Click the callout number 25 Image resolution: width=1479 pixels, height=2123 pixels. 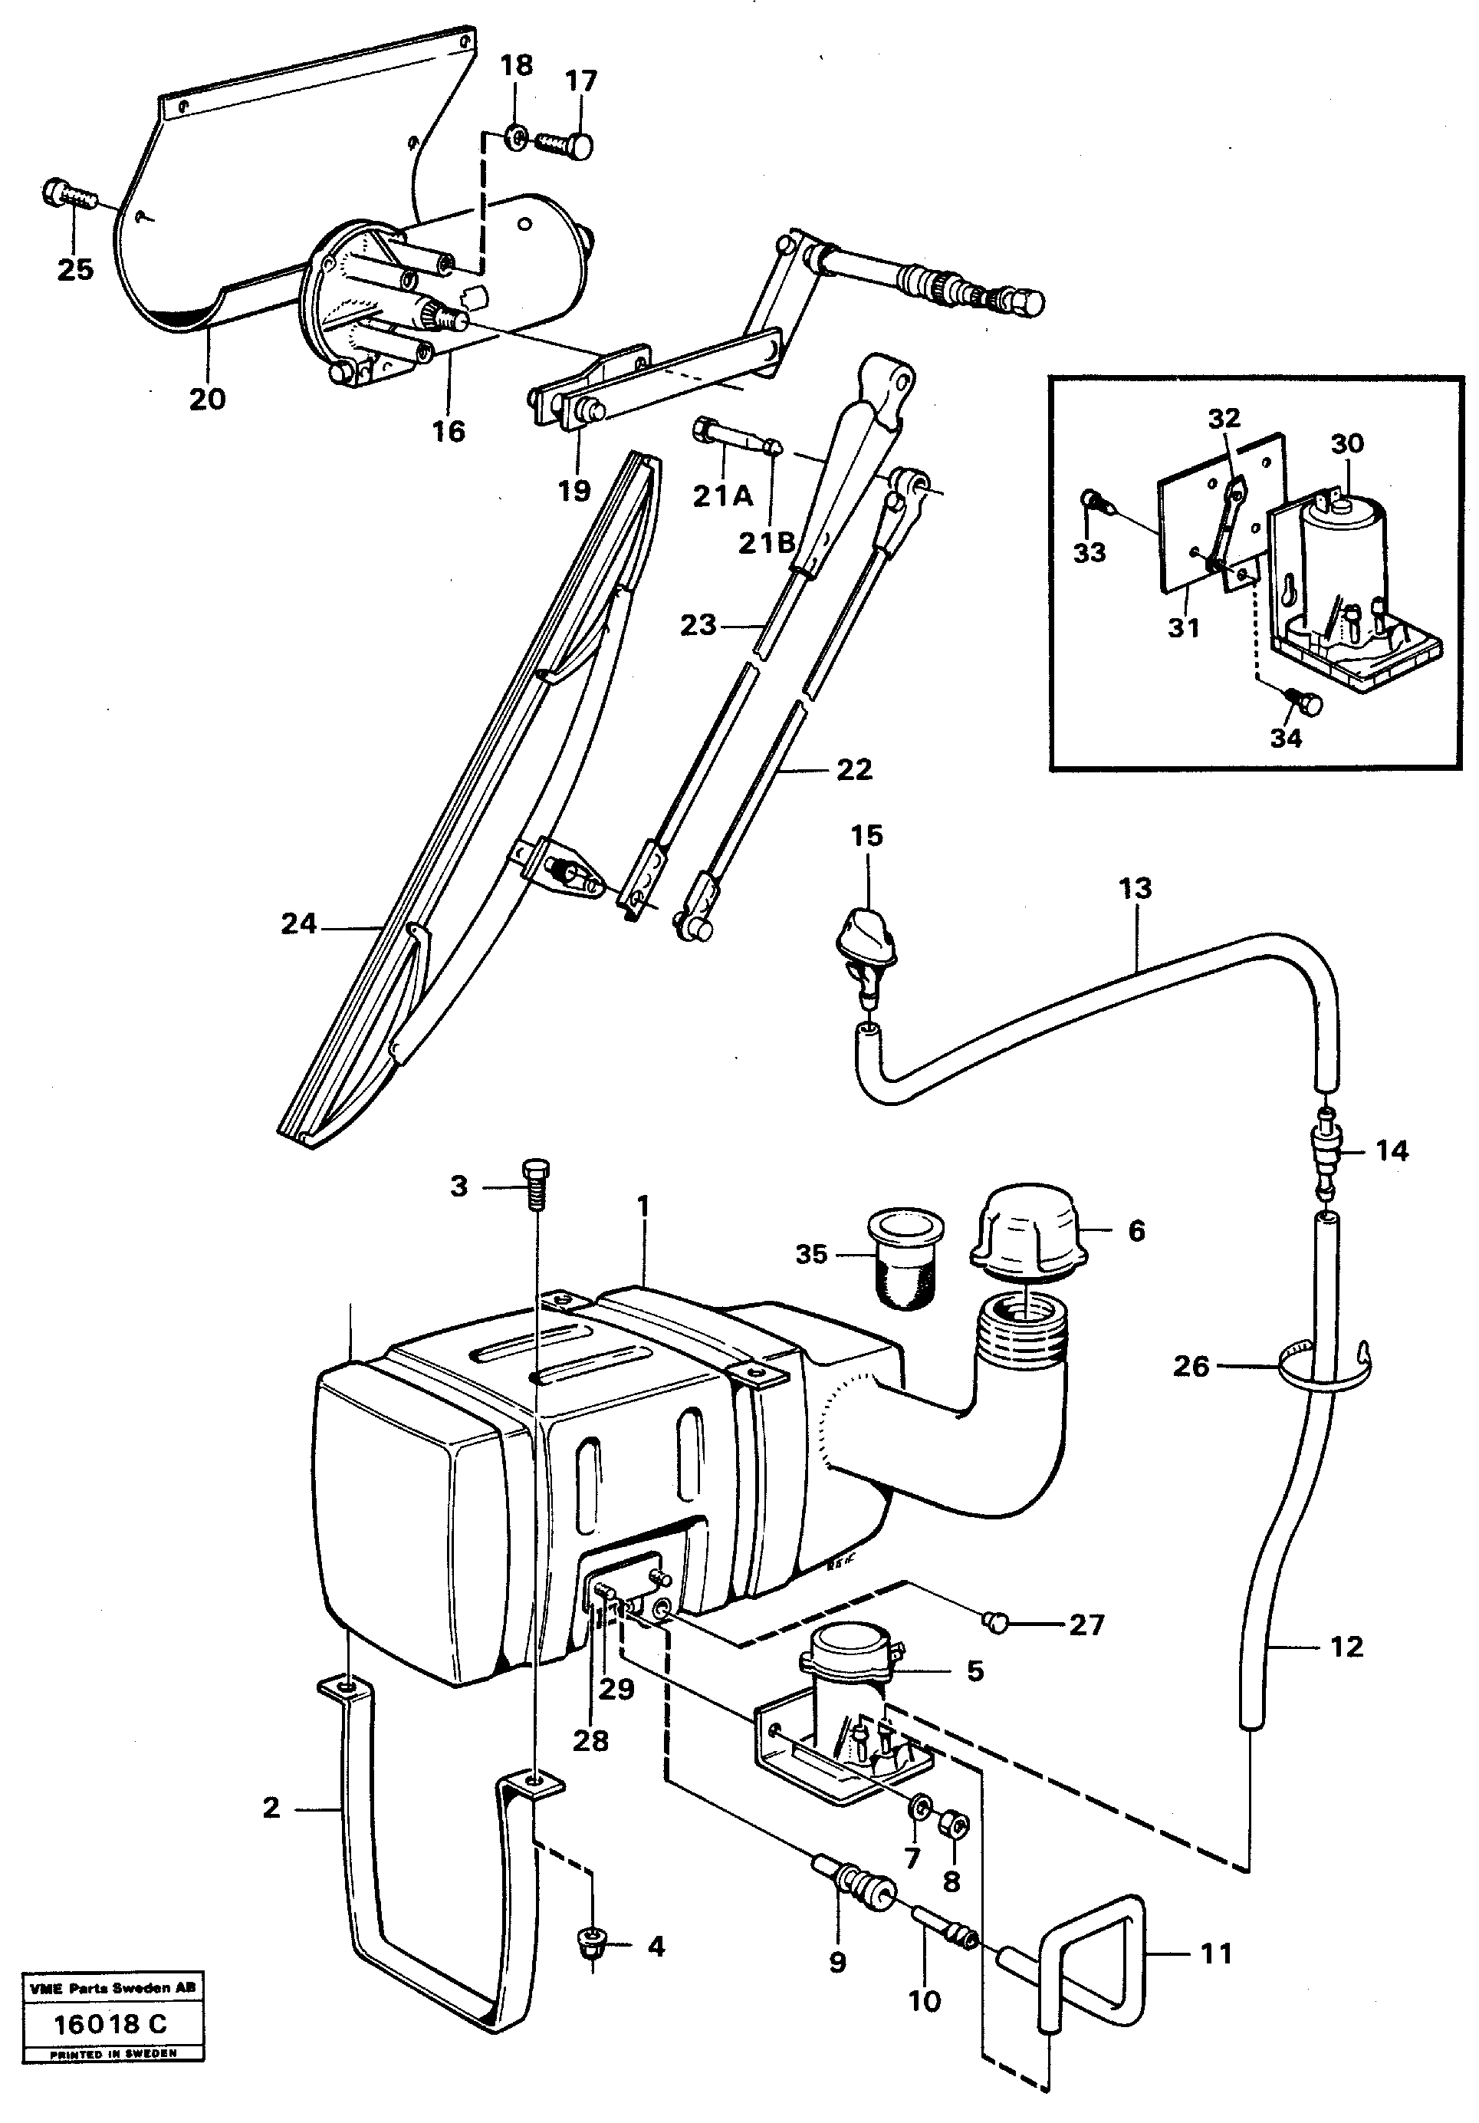tap(75, 270)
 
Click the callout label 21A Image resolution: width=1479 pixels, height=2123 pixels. tap(723, 496)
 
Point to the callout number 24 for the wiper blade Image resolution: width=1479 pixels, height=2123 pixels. tap(298, 923)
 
